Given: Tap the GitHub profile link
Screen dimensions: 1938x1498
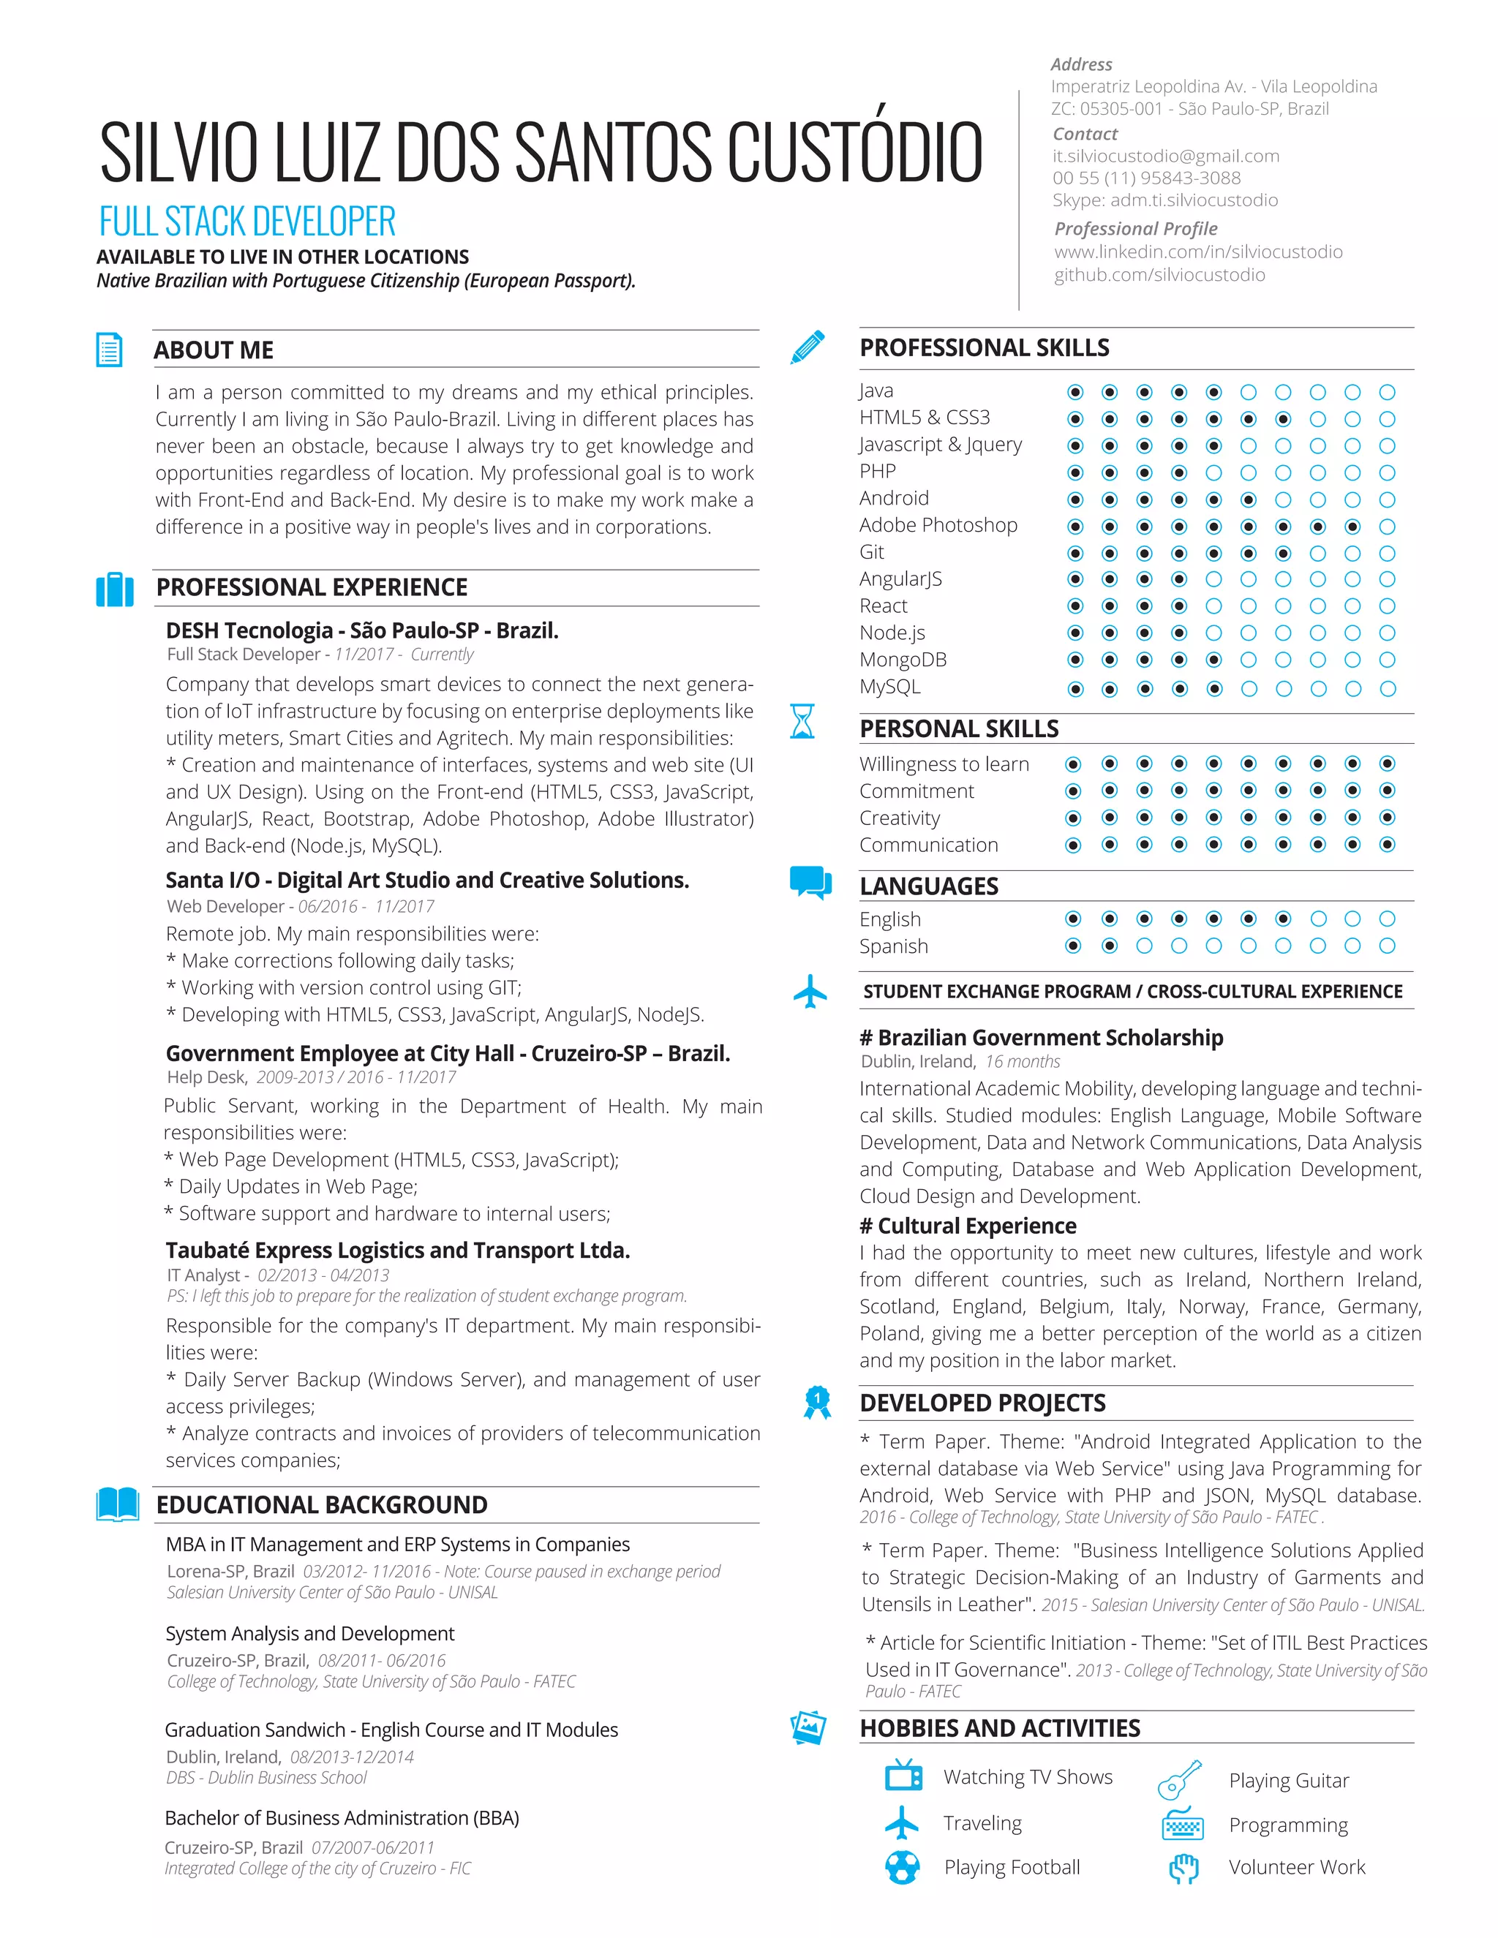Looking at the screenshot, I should tap(1159, 275).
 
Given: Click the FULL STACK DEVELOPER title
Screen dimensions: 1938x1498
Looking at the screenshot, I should tap(246, 222).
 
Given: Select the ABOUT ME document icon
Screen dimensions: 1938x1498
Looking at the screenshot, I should tap(109, 350).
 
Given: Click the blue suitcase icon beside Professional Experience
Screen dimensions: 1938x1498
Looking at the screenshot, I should tap(115, 589).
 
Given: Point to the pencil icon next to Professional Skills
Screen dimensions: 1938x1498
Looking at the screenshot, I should tap(808, 347).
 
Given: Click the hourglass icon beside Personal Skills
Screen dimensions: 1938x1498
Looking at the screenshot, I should tap(802, 721).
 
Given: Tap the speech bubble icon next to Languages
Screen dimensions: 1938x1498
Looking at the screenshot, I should tap(810, 882).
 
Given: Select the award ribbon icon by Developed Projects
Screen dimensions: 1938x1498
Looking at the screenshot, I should tap(816, 1402).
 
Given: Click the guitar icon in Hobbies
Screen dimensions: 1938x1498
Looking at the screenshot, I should tap(1179, 1779).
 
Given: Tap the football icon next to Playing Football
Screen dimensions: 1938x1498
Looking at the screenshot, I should tap(903, 1866).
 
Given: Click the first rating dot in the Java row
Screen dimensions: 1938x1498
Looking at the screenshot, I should tap(1074, 392).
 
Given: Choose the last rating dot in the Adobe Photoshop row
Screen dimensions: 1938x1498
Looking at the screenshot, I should tap(1387, 527).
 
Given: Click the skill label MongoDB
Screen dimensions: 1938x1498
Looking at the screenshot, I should tap(903, 660).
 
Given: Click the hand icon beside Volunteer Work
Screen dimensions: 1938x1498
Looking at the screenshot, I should tap(1183, 1868).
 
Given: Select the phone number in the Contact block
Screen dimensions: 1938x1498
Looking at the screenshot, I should tap(1147, 178).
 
